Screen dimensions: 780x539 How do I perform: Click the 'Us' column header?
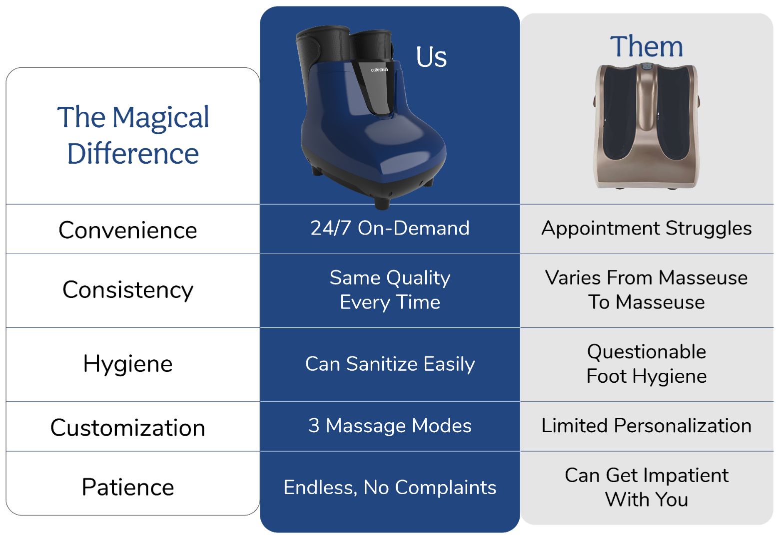pos(431,57)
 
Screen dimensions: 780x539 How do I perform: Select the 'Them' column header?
pos(646,46)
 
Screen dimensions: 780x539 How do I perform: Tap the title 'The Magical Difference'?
pos(133,135)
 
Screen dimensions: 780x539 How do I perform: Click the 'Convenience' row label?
pos(128,230)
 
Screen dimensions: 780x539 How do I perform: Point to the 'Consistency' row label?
pos(128,290)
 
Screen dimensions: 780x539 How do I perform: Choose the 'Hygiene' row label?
pos(128,364)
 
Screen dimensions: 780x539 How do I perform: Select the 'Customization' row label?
pos(128,427)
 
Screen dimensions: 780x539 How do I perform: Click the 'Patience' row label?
pos(128,487)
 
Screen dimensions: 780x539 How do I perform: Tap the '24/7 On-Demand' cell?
pos(390,228)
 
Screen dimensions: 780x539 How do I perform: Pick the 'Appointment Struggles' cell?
pos(647,229)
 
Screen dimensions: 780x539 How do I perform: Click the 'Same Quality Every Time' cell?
pos(390,290)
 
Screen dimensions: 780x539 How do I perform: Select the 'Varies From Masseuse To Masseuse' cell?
pos(647,289)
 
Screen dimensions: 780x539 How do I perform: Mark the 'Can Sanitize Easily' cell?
pos(390,364)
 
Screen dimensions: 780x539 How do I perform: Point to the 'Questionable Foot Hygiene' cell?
pos(647,364)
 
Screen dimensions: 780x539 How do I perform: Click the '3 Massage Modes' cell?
pos(390,426)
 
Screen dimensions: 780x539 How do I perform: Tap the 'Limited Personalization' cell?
pos(647,426)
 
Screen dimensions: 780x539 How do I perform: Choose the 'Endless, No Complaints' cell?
pos(390,488)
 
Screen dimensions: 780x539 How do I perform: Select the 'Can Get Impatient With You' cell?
pos(647,487)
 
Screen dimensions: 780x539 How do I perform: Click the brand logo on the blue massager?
pos(379,70)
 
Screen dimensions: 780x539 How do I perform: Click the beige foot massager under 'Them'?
pos(646,126)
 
